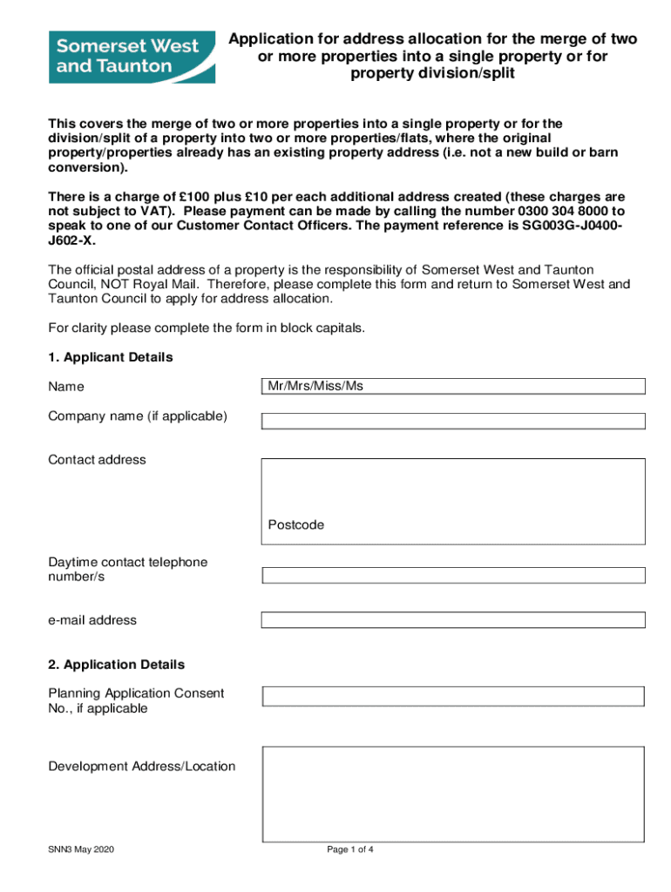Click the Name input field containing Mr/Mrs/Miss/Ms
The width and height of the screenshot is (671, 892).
(x=453, y=386)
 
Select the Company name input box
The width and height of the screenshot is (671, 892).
(x=453, y=421)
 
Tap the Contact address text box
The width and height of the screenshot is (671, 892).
(x=453, y=488)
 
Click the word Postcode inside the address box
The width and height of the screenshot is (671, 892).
(x=295, y=525)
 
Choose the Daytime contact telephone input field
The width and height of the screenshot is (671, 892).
(x=453, y=575)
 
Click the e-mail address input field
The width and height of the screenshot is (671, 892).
(x=453, y=619)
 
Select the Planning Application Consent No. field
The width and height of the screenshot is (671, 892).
(x=453, y=696)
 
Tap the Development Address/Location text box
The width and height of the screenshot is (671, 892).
(x=453, y=793)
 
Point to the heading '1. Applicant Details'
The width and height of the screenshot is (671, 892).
(x=111, y=357)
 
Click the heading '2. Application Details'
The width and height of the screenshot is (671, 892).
(x=117, y=665)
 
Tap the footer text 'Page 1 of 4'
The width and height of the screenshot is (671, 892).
(x=350, y=849)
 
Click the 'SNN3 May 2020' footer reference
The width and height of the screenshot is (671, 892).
(x=81, y=849)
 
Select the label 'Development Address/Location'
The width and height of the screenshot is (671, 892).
(x=141, y=767)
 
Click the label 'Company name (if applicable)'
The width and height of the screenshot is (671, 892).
(x=138, y=416)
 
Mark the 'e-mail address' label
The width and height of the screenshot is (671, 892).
(x=92, y=620)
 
